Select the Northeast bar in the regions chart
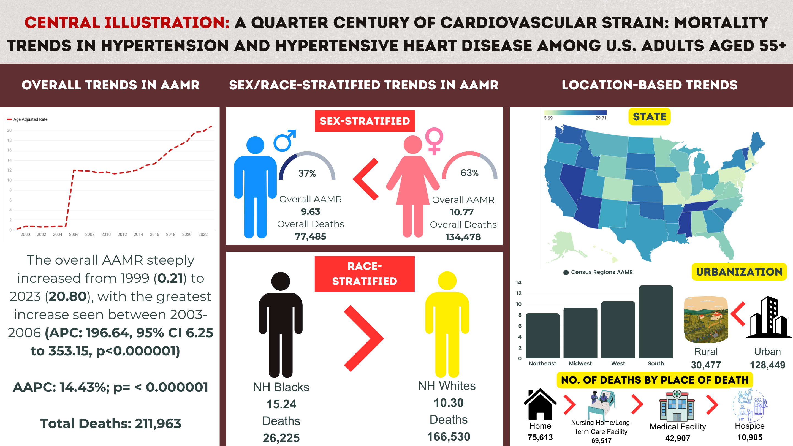[x=542, y=336]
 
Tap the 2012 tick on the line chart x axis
[x=122, y=235]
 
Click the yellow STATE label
[x=649, y=117]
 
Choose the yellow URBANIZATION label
[x=739, y=272]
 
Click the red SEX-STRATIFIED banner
[x=365, y=121]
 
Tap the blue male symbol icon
[x=284, y=141]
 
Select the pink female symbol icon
[x=434, y=141]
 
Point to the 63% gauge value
[x=469, y=173]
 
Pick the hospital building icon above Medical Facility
[x=677, y=406]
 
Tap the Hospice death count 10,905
[x=749, y=437]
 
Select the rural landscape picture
[x=706, y=319]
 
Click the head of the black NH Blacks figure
[x=281, y=281]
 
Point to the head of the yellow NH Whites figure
[x=447, y=281]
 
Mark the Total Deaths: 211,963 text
[x=110, y=423]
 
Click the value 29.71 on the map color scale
[x=601, y=118]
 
